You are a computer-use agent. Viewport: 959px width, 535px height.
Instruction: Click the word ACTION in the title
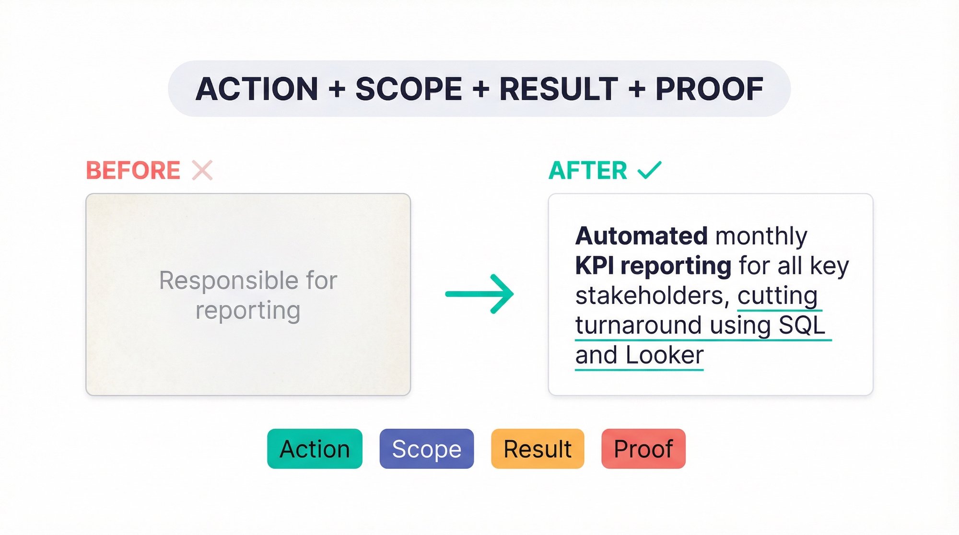257,89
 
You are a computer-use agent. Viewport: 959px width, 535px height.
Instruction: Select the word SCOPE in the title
409,89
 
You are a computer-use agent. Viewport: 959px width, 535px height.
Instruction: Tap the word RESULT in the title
559,89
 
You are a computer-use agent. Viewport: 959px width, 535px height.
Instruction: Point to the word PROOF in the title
709,89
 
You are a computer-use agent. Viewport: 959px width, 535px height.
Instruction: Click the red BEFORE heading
133,171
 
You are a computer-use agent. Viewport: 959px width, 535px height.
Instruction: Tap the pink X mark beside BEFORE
202,171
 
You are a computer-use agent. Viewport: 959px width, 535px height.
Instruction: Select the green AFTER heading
588,171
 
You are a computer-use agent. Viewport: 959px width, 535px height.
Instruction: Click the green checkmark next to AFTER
649,170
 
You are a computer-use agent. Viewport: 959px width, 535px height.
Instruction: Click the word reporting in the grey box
248,310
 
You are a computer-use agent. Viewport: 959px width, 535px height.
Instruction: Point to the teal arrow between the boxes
479,294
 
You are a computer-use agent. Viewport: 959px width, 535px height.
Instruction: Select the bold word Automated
641,236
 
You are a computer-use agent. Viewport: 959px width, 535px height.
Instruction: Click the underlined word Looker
664,355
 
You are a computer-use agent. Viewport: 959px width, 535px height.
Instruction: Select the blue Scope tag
426,449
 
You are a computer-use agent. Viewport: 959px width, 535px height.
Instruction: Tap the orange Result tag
538,449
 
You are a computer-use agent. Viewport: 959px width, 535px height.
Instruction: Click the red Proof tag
643,449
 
